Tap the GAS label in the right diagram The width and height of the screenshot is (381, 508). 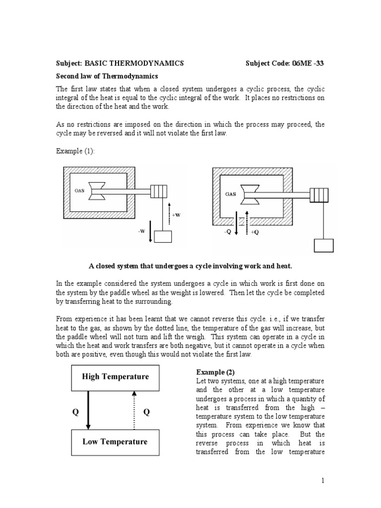(230, 194)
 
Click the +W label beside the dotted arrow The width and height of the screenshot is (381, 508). (176, 215)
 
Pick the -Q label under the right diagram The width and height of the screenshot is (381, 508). (229, 232)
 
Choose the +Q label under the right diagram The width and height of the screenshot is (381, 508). (255, 232)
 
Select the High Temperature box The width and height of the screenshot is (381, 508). (115, 377)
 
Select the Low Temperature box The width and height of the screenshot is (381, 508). (115, 442)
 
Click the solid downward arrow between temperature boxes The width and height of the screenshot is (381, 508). (88, 409)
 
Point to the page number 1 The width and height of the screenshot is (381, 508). (322, 480)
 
